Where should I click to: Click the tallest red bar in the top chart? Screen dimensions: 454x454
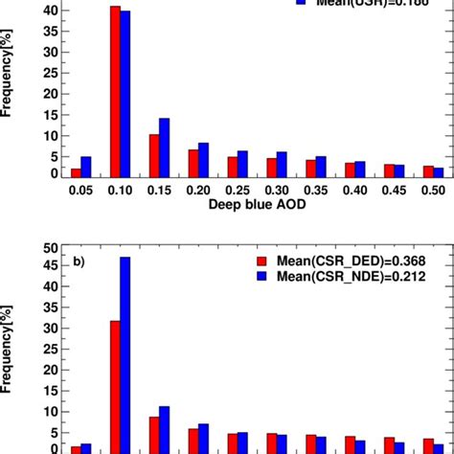click(x=115, y=92)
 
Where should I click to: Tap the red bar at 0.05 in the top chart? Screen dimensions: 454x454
click(x=76, y=173)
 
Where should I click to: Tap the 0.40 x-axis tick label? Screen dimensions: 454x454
click(x=354, y=193)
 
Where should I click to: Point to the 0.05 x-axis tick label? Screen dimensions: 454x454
click(x=81, y=193)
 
